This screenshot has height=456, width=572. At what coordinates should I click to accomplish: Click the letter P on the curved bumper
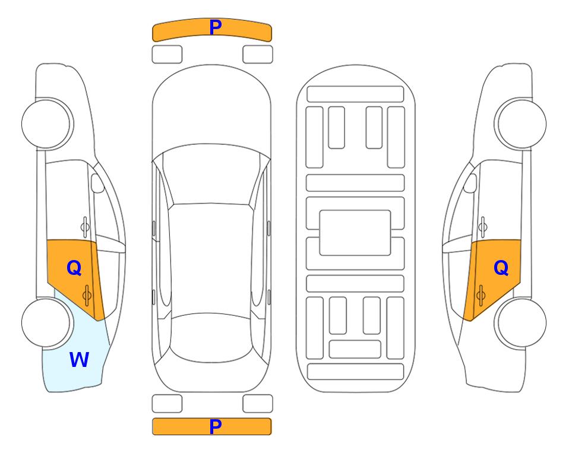[x=216, y=27]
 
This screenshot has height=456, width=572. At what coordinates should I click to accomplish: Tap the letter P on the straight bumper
[x=216, y=426]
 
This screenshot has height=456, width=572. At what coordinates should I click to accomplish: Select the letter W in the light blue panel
[x=79, y=360]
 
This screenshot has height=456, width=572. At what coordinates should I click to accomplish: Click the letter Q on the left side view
[x=74, y=268]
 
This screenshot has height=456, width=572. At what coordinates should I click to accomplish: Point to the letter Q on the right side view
[x=501, y=268]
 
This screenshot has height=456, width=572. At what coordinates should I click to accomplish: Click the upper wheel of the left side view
[x=46, y=124]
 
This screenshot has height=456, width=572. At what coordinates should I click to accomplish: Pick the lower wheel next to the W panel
[x=46, y=322]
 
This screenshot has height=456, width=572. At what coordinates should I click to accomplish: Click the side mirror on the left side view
[x=97, y=183]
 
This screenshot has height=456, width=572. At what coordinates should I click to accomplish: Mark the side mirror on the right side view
[x=470, y=183]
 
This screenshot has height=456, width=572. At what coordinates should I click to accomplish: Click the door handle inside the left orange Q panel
[x=87, y=295]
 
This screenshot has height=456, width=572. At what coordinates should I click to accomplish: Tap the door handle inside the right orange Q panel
[x=481, y=295]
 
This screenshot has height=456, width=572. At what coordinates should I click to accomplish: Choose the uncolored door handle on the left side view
[x=85, y=227]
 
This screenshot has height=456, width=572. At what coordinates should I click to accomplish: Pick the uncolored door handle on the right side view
[x=483, y=227]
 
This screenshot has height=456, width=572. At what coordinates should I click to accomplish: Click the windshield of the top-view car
[x=211, y=175]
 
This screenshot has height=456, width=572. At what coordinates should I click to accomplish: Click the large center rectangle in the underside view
[x=355, y=233]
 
